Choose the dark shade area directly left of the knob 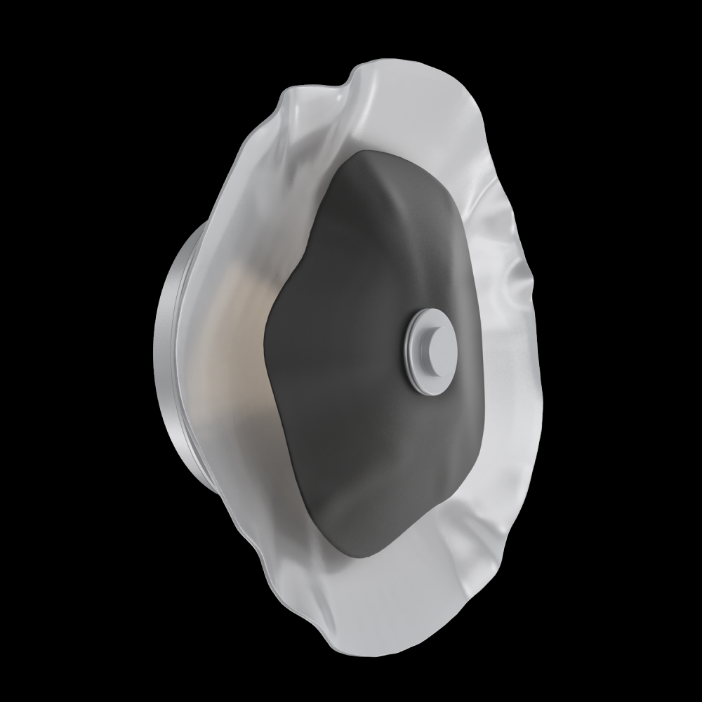[351, 351]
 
